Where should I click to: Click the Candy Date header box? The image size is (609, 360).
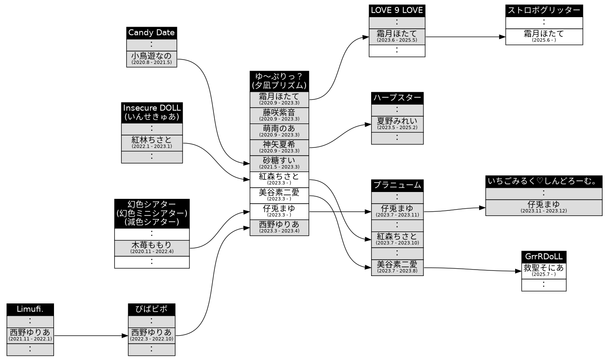(151, 33)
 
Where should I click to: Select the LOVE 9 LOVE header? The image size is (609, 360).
(397, 11)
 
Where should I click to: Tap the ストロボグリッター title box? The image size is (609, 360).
(544, 11)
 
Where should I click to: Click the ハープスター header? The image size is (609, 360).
(397, 98)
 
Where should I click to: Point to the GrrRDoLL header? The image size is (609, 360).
(544, 257)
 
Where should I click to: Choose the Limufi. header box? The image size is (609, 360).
(30, 310)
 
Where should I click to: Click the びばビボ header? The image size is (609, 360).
(152, 310)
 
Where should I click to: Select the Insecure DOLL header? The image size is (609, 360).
(152, 113)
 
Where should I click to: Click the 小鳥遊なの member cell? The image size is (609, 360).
(151, 59)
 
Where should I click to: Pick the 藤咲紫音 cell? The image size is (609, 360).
(279, 116)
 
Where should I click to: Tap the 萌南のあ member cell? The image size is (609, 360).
(279, 132)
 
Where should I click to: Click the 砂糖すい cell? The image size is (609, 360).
(279, 164)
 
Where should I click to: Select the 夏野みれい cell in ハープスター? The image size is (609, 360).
(397, 124)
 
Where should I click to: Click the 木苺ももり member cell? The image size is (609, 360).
(152, 248)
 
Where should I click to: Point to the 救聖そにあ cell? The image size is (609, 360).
(544, 271)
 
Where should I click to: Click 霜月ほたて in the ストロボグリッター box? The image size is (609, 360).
(544, 37)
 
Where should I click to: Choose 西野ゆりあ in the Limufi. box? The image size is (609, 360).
(30, 336)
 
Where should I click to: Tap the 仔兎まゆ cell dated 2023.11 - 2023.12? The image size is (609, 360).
(544, 208)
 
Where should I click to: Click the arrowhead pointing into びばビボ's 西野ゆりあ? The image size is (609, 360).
(125, 336)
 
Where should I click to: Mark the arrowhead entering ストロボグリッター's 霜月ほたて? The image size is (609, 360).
(502, 37)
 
